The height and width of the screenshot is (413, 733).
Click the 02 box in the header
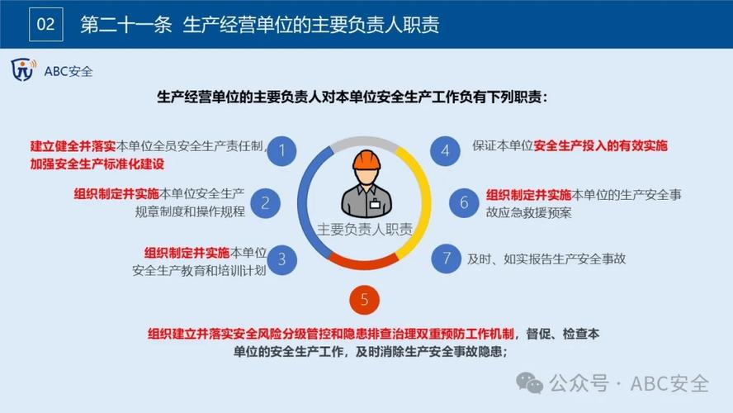click(x=46, y=24)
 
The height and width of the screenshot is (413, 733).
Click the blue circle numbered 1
click(x=282, y=150)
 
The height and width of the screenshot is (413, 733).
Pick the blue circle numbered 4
click(x=446, y=150)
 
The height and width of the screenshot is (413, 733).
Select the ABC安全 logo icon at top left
click(x=23, y=71)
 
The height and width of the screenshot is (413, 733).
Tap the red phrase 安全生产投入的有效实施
click(x=600, y=146)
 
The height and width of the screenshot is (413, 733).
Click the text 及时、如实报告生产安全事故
click(x=546, y=259)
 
